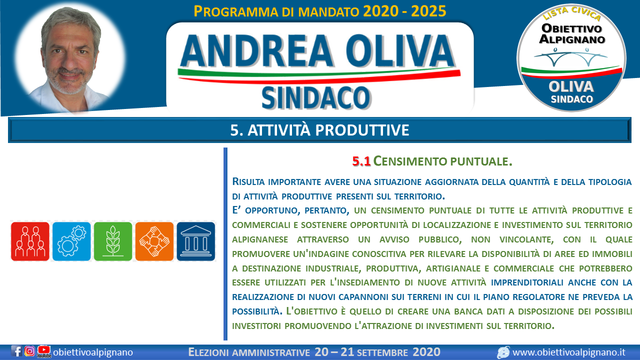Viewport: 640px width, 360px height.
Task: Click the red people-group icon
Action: coord(30,241)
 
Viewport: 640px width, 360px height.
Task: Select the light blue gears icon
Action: coord(71,241)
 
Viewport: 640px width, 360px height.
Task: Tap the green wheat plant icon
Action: coord(113,241)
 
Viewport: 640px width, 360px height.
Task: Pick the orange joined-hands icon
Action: coord(154,241)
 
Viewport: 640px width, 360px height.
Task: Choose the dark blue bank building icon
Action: coord(195,241)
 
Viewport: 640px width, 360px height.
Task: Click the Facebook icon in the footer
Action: coord(16,351)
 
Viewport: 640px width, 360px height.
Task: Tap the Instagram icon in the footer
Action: coord(29,351)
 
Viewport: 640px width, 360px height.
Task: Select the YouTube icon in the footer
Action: coord(44,351)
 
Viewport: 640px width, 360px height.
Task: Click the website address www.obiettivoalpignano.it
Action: coord(569,352)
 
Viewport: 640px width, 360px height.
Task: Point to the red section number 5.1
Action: coord(361,161)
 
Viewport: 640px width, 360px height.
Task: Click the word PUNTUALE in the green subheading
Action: coord(481,161)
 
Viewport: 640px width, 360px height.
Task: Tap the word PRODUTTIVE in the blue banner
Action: coord(362,130)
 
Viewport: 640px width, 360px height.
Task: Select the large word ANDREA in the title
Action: coord(256,51)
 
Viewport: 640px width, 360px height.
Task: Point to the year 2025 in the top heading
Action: coord(428,11)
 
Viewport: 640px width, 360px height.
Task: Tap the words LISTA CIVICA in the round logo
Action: coord(571,13)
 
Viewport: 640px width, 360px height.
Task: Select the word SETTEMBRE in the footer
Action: coord(382,353)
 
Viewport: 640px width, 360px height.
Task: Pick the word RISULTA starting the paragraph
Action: coord(248,181)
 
